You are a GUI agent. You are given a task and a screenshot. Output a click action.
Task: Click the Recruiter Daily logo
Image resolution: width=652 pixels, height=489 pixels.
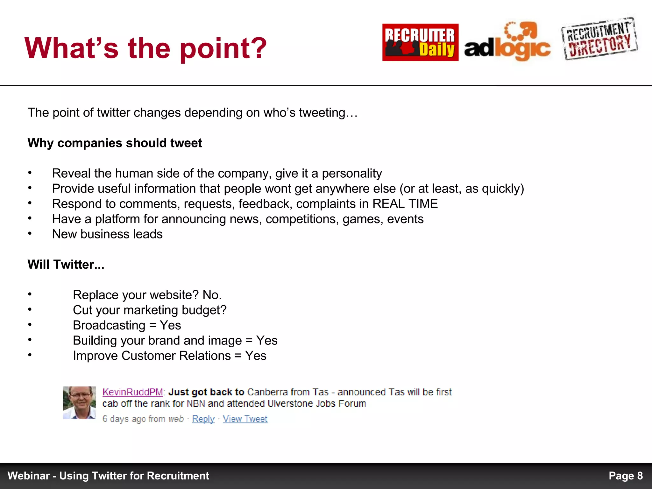coord(420,42)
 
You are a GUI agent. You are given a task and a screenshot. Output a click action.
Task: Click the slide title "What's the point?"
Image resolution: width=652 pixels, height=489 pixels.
coord(145,48)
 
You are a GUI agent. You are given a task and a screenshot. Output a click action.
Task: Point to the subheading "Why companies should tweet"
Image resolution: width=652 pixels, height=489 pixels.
coord(115,143)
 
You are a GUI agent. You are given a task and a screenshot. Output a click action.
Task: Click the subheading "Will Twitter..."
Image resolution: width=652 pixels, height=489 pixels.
coord(66,265)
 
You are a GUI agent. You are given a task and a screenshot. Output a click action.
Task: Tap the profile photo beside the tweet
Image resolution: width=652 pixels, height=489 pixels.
coord(79,403)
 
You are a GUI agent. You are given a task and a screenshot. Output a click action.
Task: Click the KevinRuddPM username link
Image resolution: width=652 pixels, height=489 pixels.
coord(132,392)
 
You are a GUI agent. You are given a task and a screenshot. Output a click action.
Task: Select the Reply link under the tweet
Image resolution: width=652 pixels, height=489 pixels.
coord(203,419)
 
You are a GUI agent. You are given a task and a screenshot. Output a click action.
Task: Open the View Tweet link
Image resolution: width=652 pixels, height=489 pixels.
coord(245,419)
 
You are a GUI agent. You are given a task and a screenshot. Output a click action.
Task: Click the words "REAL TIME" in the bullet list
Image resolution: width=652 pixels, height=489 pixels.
coord(405,204)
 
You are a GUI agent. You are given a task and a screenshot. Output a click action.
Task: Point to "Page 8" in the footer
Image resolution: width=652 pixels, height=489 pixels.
coord(626,476)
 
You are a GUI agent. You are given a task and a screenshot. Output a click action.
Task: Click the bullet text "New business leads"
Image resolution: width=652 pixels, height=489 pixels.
coord(107,234)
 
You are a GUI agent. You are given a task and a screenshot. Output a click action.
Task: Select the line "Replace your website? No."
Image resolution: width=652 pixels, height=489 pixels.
coord(147,295)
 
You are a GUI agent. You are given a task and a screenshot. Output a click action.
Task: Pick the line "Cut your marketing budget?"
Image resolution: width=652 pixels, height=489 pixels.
coord(150,310)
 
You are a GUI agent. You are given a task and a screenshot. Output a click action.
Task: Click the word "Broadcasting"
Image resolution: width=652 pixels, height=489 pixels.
coord(109,325)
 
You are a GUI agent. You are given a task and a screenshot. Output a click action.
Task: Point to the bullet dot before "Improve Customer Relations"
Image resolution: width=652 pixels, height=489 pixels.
coord(30,355)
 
